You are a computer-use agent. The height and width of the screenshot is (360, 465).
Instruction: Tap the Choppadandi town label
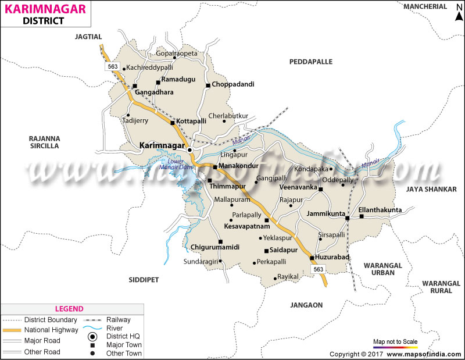coord(233,84)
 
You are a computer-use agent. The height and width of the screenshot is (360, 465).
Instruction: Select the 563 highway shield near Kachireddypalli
coord(113,67)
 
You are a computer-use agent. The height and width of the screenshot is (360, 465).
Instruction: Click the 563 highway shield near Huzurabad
coord(318,269)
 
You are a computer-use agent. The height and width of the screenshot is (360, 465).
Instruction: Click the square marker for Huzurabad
coord(312,258)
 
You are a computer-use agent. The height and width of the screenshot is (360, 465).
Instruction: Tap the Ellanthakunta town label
coord(380,209)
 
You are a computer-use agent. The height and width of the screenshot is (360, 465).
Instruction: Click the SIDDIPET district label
coord(144,280)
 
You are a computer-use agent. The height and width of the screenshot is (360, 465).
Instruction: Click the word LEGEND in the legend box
coord(69,309)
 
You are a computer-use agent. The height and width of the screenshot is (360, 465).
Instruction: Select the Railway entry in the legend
coord(119,319)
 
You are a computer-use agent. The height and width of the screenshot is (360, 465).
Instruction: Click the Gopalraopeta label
coord(177,53)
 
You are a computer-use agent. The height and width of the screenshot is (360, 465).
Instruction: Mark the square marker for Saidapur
coord(266,251)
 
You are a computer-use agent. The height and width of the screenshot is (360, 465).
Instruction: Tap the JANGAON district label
coord(307,304)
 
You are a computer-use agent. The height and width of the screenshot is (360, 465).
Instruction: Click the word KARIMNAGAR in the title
coord(44,9)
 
